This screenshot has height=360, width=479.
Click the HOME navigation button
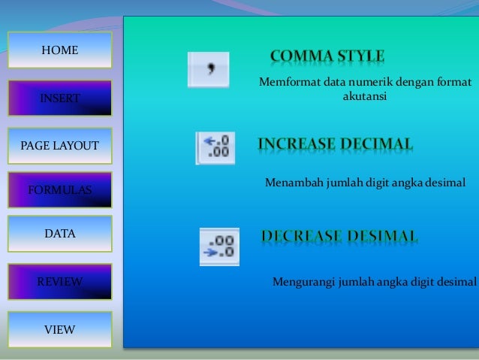[59, 51]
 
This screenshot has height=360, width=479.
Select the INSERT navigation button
[59, 98]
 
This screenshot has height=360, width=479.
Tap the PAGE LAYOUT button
[59, 145]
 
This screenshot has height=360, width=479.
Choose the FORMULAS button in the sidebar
[59, 189]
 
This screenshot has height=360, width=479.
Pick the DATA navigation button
[59, 234]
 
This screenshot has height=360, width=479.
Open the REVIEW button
[59, 282]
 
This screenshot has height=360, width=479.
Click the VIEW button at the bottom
[59, 329]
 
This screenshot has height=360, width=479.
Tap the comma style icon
[209, 70]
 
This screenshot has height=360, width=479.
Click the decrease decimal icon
[219, 247]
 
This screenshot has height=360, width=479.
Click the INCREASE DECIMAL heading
[335, 144]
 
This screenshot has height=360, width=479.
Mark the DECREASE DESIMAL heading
[339, 237]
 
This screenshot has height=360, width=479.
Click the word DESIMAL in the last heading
[381, 237]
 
